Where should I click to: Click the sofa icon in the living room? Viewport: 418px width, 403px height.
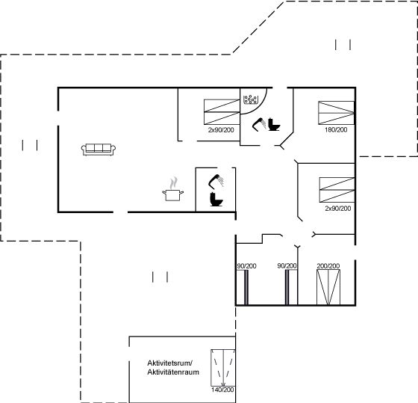coord(99,150)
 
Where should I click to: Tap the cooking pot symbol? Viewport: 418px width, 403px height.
coord(172,195)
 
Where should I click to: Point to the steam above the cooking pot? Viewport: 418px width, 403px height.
coord(173,182)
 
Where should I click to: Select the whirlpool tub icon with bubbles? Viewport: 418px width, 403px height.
coord(251,99)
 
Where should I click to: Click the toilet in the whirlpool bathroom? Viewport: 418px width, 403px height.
coord(274,124)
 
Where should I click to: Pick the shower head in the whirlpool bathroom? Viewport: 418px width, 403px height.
coord(258,125)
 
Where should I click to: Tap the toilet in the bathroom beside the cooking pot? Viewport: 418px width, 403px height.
coord(216,199)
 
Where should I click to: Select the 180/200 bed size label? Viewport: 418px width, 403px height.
coord(336,130)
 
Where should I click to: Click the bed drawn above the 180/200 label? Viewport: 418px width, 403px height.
coord(336,113)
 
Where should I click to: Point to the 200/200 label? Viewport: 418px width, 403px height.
coord(328,266)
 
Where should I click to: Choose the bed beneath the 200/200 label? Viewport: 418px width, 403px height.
coord(328,287)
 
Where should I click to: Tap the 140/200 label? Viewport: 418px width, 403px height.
coord(222,390)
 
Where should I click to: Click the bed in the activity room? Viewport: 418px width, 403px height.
coord(223,368)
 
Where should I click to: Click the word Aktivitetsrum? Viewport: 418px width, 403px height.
coord(170,363)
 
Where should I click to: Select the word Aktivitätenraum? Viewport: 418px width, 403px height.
coord(173,372)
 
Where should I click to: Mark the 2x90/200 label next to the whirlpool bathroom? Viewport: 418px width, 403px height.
coord(221,130)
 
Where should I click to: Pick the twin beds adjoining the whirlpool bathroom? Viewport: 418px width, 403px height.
coord(222,112)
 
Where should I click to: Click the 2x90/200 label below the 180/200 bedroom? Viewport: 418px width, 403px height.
coord(337,209)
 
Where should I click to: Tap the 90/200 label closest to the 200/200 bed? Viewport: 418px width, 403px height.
coord(287,266)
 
